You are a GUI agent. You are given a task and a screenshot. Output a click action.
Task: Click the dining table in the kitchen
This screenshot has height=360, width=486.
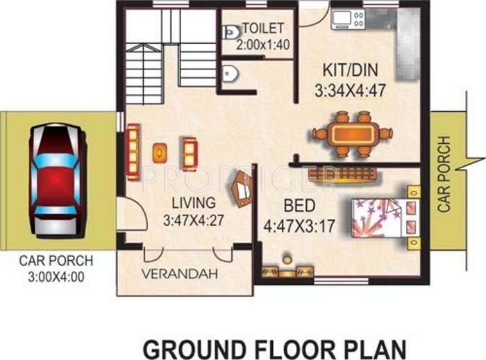351,133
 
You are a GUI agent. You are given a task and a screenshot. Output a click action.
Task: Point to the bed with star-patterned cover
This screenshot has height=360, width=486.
378,217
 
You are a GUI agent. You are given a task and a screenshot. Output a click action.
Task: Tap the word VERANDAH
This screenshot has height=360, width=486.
180,273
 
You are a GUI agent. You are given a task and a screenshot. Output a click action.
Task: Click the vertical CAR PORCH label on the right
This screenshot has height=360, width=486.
444,174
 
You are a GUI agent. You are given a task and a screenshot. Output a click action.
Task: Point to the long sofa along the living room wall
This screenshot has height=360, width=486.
133,152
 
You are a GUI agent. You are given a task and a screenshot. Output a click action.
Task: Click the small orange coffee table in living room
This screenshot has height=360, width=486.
160,152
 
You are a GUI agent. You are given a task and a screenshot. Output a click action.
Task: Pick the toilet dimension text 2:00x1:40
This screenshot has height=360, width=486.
262,44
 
